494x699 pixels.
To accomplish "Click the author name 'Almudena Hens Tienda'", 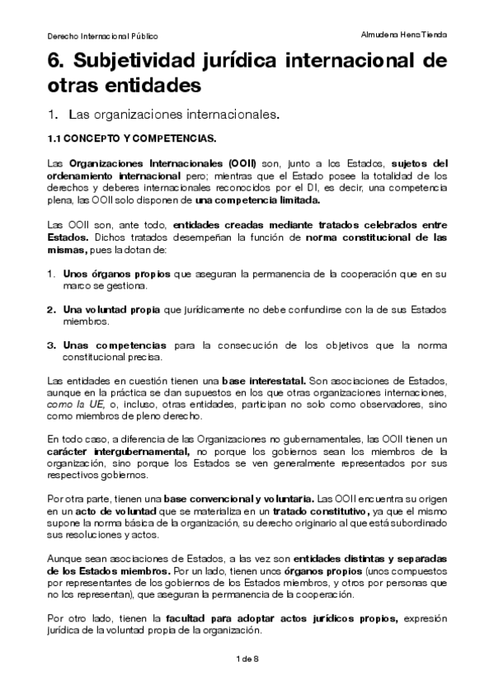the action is click(x=405, y=35).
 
